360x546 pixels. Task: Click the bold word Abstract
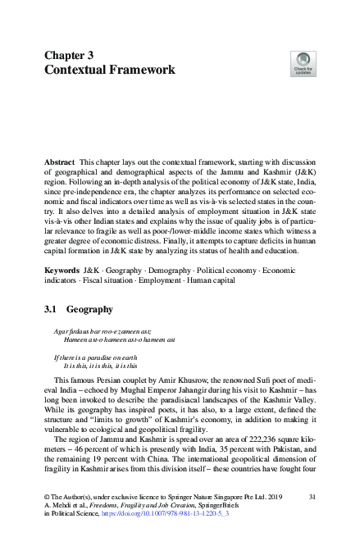tap(60, 164)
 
